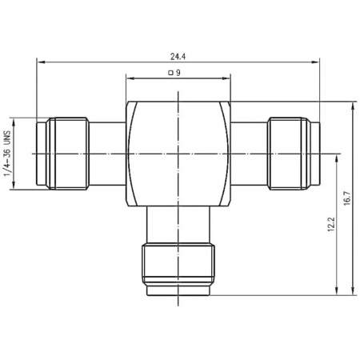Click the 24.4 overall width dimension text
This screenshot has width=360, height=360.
point(178,57)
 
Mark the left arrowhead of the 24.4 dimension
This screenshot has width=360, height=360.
point(40,62)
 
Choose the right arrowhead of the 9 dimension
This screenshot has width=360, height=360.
point(230,78)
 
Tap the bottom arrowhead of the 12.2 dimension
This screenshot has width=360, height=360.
point(335,292)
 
